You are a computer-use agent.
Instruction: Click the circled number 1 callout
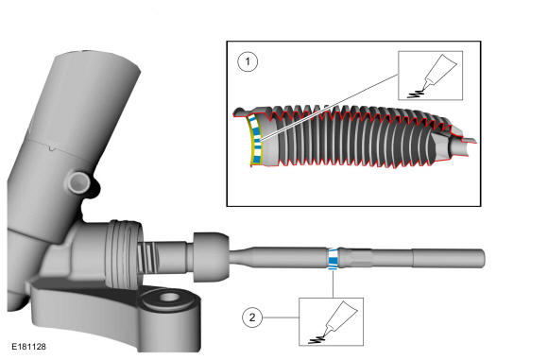coord(248,61)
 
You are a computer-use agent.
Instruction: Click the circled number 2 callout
coord(252,317)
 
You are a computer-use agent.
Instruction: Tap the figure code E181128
coord(28,347)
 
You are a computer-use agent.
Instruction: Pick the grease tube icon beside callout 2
coord(340,318)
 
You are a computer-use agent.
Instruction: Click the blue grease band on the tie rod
coord(334,259)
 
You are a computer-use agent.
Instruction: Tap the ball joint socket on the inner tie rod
coord(211,257)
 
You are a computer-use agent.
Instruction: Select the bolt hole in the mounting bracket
coord(170,297)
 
